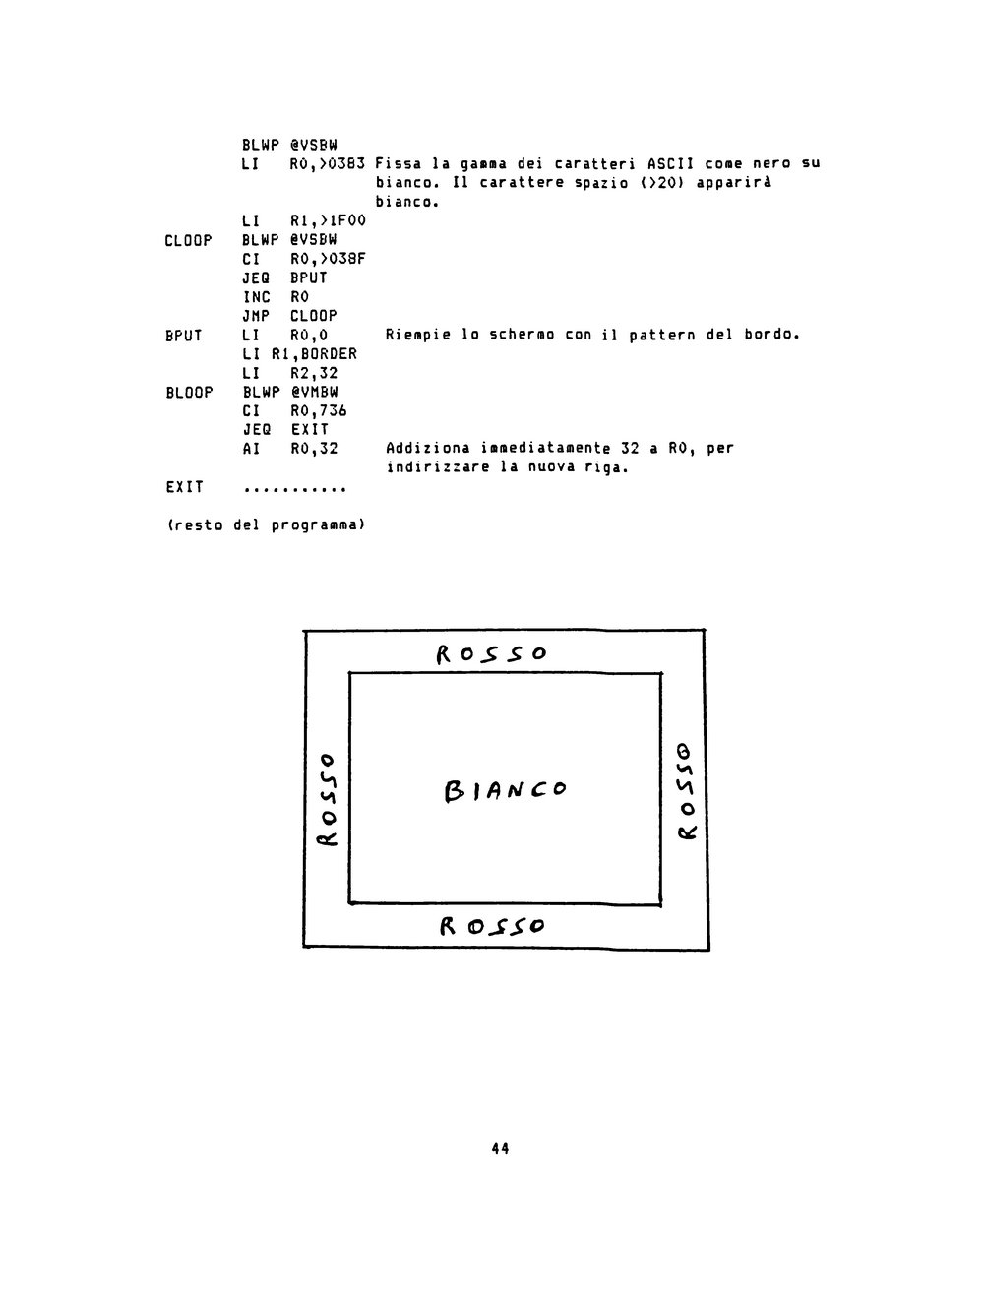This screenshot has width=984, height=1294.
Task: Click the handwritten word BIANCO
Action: click(505, 790)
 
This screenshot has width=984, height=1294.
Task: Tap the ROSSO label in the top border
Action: click(491, 654)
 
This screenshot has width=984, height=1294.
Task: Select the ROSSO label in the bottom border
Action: click(492, 926)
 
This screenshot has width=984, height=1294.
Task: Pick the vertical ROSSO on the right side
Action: click(686, 790)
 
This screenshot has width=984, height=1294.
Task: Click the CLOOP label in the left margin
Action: click(188, 240)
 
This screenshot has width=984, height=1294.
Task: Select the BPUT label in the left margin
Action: click(183, 336)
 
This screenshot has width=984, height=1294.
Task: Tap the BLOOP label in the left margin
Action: click(189, 392)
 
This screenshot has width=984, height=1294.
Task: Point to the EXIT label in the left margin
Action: click(184, 487)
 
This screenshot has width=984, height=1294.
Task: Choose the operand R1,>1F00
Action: click(328, 221)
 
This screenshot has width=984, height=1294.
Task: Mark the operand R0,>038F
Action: click(328, 259)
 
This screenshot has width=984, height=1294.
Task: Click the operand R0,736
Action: click(318, 411)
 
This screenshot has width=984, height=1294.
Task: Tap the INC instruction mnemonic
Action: click(256, 297)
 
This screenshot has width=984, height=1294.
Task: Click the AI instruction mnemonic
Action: click(251, 449)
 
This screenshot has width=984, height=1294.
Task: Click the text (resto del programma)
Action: click(266, 524)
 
